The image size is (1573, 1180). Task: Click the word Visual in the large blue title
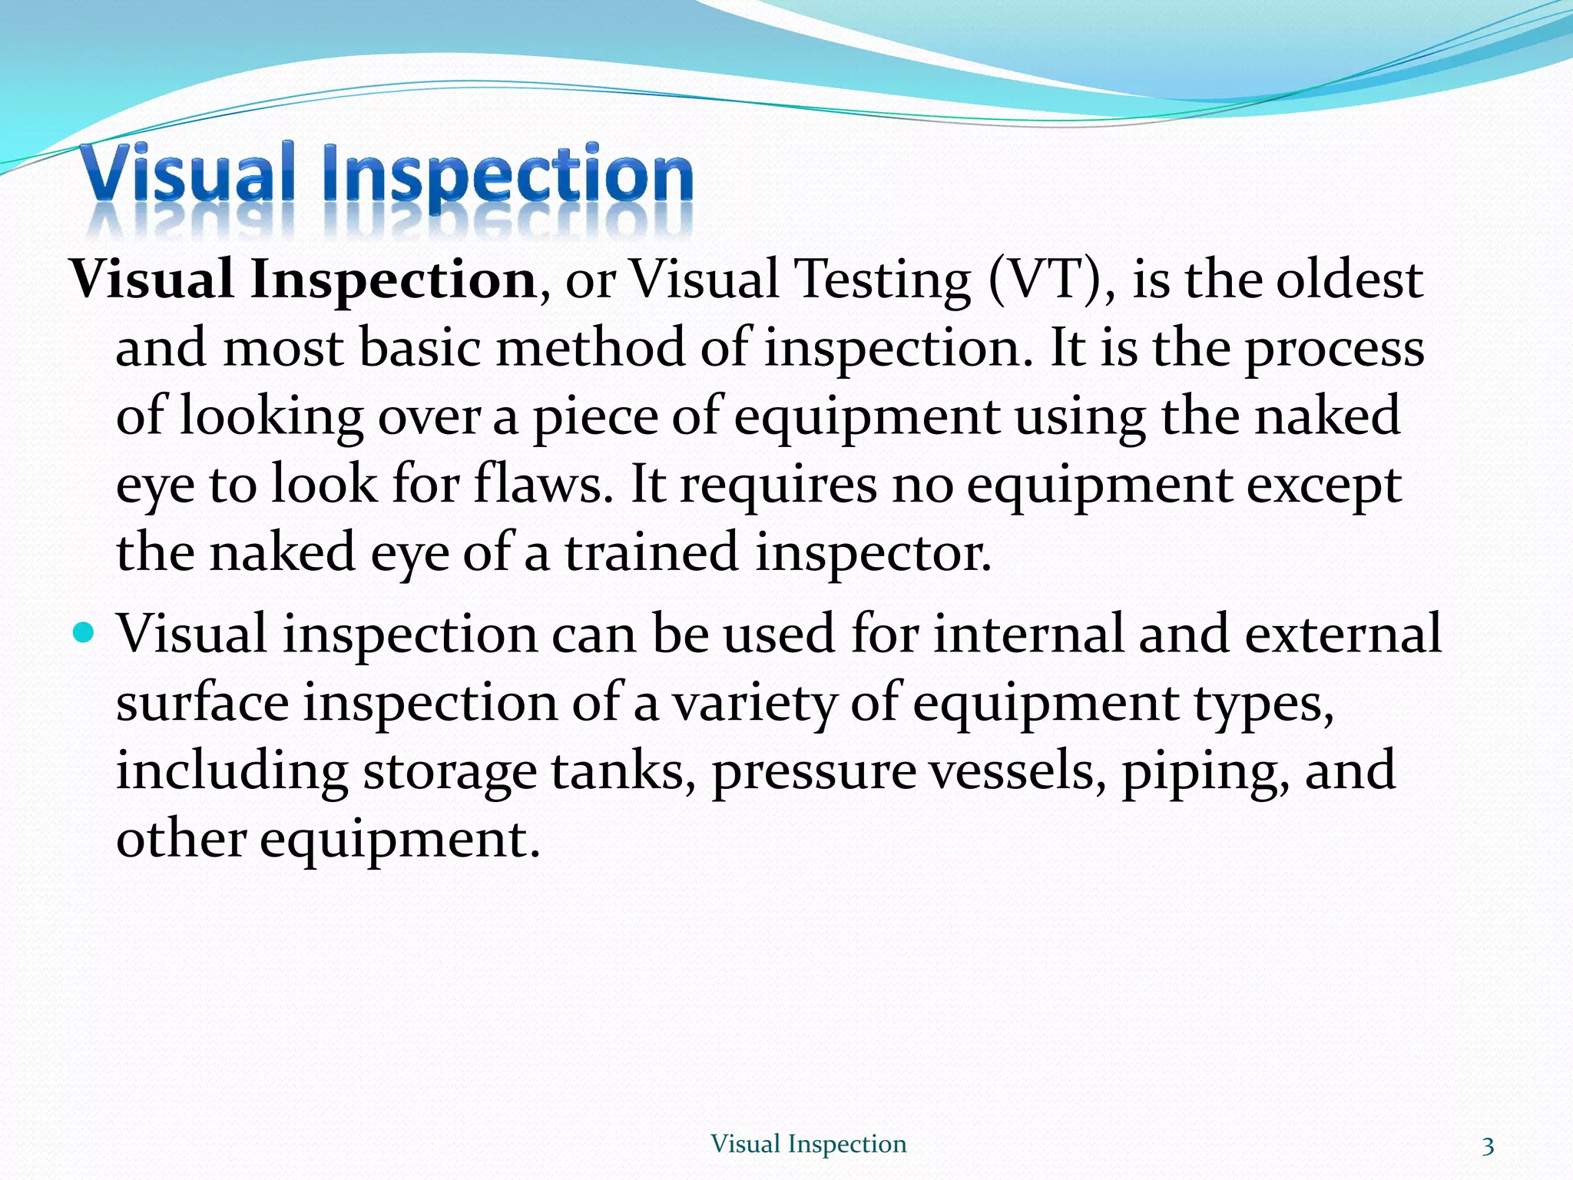click(187, 174)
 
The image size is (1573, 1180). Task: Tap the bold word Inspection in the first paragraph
click(392, 280)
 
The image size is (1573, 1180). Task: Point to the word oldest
click(1349, 280)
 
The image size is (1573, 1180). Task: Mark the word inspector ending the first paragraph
click(873, 554)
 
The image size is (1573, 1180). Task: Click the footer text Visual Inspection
click(808, 1144)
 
